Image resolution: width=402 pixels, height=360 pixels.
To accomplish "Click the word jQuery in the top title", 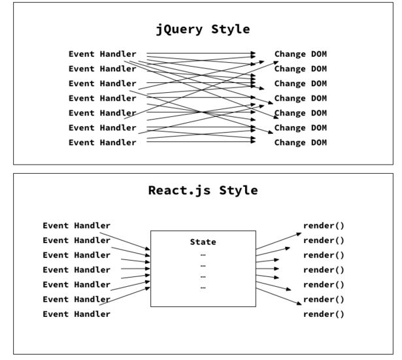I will coord(176,29).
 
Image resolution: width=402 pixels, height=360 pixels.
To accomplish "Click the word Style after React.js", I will coord(235,191).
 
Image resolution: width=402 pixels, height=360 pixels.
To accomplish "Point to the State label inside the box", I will coord(203,242).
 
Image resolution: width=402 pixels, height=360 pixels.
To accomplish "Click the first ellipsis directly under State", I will coord(203,254).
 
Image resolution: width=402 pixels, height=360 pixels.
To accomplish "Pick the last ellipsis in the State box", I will coord(203,287).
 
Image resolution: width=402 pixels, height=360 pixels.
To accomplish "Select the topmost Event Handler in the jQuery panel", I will coord(103,54).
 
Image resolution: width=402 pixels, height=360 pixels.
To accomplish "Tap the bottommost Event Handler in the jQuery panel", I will coord(103,142).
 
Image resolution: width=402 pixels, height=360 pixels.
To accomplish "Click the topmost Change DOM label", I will coord(300,54).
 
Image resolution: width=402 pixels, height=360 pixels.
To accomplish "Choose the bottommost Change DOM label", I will coord(300,142).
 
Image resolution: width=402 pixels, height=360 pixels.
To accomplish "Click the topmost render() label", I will coord(324,225).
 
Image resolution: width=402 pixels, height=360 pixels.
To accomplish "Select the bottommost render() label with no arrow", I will coord(324,314).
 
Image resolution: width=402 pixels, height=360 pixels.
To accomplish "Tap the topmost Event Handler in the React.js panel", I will coord(76,225).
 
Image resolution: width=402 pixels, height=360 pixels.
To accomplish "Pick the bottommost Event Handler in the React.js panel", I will coord(76,314).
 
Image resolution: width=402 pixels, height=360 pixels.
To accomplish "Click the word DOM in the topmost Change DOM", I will coord(318,54).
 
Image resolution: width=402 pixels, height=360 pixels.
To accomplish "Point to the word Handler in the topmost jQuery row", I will coord(118,54).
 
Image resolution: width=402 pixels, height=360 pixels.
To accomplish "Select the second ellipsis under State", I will coord(203,265).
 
